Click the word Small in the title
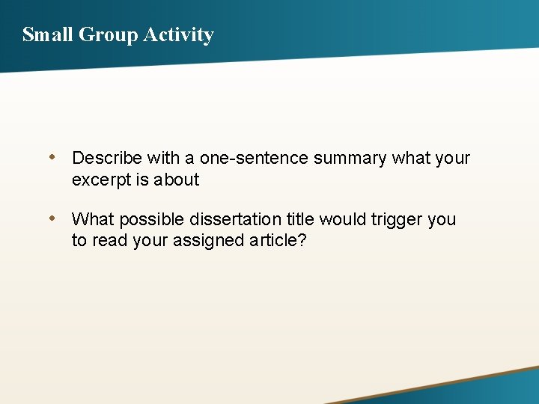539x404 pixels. click(x=47, y=34)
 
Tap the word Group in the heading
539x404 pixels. click(x=108, y=34)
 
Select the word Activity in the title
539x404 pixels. click(x=179, y=34)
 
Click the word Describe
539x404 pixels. click(x=107, y=158)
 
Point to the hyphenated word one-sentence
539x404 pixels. click(x=254, y=158)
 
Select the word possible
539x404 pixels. click(x=152, y=219)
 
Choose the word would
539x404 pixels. click(x=344, y=219)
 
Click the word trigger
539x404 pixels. click(x=398, y=219)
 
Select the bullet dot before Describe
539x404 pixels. click(x=52, y=157)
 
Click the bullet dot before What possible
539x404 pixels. click(x=52, y=218)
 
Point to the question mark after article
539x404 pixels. click(x=302, y=240)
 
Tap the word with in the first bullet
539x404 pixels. click(x=163, y=158)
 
